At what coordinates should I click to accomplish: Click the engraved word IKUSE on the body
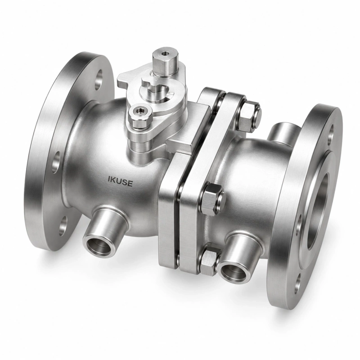(x=120, y=182)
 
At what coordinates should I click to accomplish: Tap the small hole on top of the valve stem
(x=165, y=54)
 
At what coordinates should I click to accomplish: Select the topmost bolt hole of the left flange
(x=99, y=79)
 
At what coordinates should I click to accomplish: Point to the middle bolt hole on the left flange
(x=56, y=162)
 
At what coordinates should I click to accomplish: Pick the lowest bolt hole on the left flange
(x=63, y=226)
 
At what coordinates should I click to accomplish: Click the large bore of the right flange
(x=319, y=211)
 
